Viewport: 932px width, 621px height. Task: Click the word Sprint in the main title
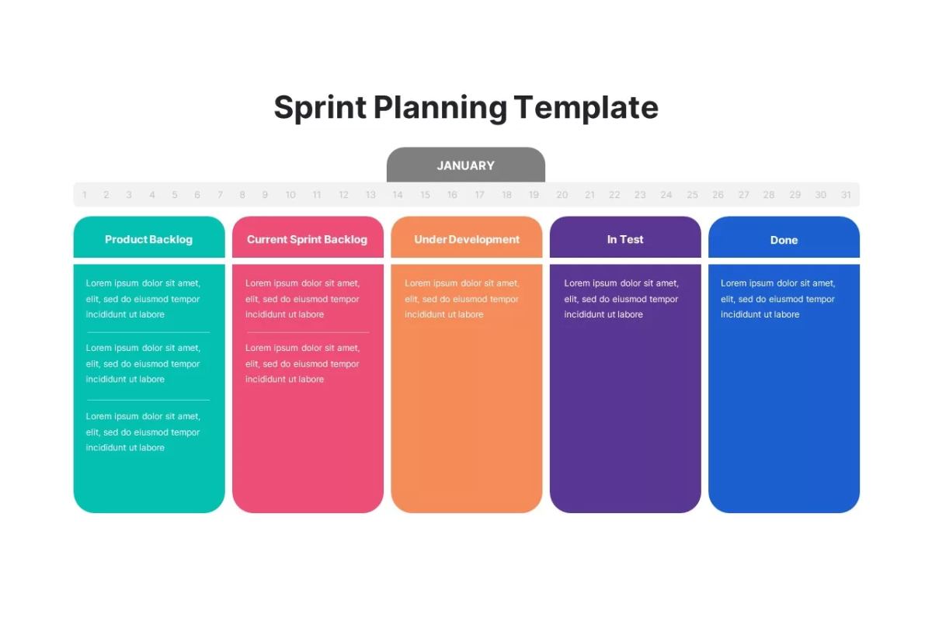[x=320, y=108]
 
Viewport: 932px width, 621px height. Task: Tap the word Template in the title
[x=586, y=108]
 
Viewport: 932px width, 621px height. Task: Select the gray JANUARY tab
[x=465, y=165]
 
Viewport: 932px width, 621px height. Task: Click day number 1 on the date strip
[x=85, y=195]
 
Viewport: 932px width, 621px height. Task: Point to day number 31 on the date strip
[x=846, y=195]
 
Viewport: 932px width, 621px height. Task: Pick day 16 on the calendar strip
[x=452, y=195]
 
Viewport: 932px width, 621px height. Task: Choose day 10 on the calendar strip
[x=290, y=195]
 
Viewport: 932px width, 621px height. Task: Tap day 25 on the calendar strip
[x=692, y=195]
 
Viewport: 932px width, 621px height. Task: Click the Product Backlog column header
[x=149, y=240]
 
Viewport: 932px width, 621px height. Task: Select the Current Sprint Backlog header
[x=308, y=240]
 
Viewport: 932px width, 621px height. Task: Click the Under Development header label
[x=467, y=240]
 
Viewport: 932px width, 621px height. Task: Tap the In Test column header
[x=625, y=240]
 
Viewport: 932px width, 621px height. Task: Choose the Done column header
[x=784, y=240]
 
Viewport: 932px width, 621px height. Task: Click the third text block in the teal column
[x=143, y=432]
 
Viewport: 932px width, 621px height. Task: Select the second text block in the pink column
[x=302, y=363]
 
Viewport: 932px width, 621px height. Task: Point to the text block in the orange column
[x=462, y=299]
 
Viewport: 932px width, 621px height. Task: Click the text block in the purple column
[x=621, y=299]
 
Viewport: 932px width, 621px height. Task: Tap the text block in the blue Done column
[x=778, y=299]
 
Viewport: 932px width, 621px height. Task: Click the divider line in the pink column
[x=308, y=332]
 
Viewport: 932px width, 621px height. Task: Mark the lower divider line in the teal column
[x=148, y=400]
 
